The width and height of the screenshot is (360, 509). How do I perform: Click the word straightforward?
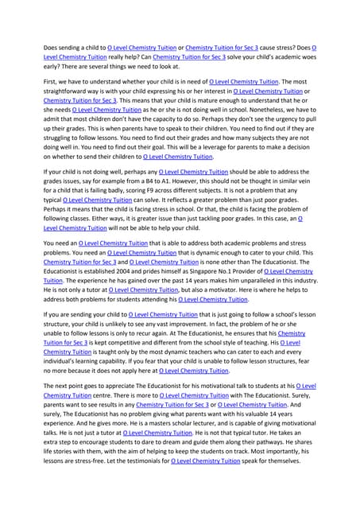(69, 91)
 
